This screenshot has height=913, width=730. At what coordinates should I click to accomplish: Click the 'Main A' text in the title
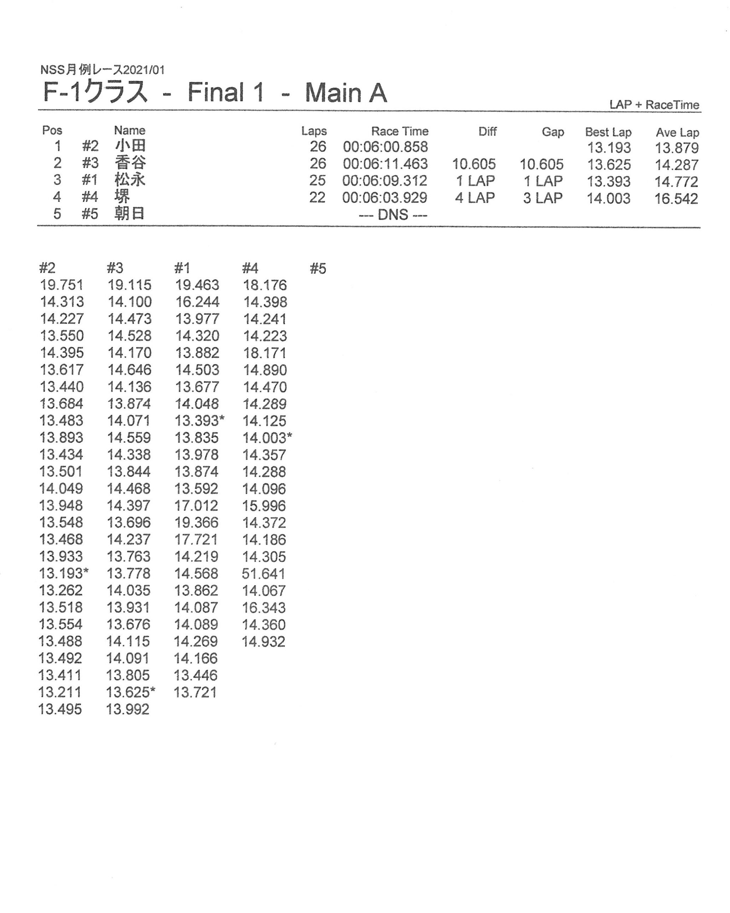[346, 93]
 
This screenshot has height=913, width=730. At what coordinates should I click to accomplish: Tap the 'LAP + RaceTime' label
[654, 104]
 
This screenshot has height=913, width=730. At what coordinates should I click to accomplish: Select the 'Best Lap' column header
[608, 132]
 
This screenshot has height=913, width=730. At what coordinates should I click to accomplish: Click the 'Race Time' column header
[400, 131]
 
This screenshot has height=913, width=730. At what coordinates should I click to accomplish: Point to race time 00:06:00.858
[385, 147]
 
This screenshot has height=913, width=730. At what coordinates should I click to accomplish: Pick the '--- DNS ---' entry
[393, 215]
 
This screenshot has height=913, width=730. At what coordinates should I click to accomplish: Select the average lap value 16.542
[676, 199]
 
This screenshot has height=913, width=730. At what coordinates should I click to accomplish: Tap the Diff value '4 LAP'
[475, 198]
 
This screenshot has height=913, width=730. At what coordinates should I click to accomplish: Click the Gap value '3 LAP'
[543, 198]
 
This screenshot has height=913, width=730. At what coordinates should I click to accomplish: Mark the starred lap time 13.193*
[63, 573]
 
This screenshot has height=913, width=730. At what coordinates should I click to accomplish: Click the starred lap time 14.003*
[267, 438]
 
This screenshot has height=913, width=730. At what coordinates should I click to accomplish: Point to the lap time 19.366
[196, 522]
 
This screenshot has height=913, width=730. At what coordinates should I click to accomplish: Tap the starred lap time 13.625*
[130, 692]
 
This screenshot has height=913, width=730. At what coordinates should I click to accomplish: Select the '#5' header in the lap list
[318, 268]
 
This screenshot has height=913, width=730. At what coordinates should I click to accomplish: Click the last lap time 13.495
[60, 709]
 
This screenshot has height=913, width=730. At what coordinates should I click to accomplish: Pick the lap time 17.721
[196, 539]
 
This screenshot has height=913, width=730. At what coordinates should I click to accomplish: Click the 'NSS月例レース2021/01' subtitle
[102, 70]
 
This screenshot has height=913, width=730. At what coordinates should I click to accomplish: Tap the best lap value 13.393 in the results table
[608, 181]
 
